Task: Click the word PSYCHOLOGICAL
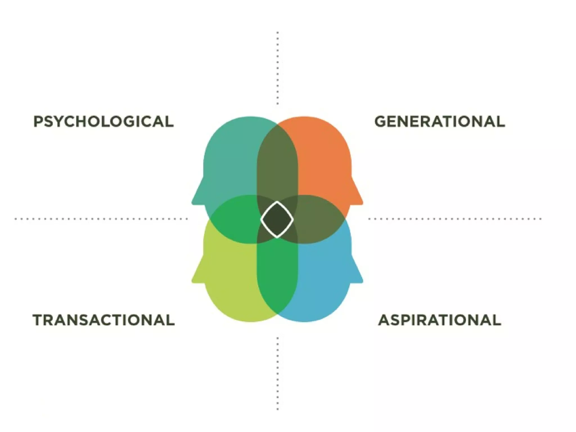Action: [x=103, y=121]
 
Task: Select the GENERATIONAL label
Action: [x=440, y=121]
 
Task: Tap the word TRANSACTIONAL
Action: [x=103, y=320]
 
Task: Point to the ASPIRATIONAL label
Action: [x=440, y=320]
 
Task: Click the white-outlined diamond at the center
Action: [x=277, y=220]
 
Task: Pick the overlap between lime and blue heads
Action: [x=277, y=276]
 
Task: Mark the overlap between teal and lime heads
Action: [x=233, y=219]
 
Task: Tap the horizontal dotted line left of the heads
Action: [x=101, y=219]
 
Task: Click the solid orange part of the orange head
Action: [x=323, y=157]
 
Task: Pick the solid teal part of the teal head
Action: [x=231, y=157]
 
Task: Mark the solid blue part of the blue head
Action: [x=323, y=281]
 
